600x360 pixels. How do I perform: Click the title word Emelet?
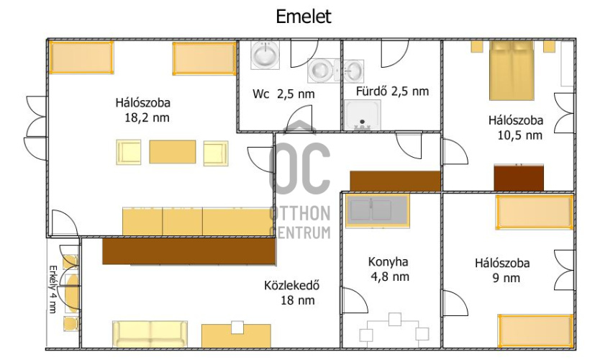point(304,17)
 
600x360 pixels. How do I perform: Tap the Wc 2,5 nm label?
point(283,94)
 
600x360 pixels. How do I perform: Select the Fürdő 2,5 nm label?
point(392,91)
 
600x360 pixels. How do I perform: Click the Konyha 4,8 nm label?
point(388,269)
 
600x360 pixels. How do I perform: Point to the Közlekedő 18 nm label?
point(292,292)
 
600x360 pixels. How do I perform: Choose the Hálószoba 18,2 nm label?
point(143,110)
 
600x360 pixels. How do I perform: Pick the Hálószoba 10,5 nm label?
point(516,127)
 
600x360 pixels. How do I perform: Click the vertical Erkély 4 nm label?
point(53,289)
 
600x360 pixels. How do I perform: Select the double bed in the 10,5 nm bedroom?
point(512,71)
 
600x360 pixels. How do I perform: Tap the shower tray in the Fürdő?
point(363,115)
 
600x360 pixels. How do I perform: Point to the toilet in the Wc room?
point(323,70)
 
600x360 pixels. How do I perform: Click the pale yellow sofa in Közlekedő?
point(150,334)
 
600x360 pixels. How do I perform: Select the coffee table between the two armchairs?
point(173,152)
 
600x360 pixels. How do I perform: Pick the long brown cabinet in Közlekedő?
point(189,251)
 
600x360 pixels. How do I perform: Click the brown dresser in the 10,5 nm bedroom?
point(519,178)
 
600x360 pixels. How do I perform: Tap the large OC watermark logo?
point(299,158)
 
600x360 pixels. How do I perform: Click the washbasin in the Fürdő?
point(353,71)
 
